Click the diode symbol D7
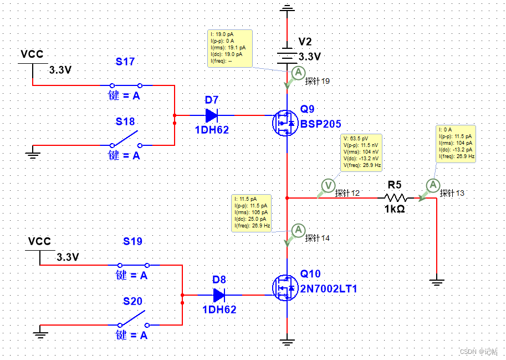pyautogui.click(x=212, y=115)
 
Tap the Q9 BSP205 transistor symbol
pyautogui.click(x=285, y=123)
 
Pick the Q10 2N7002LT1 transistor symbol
pyautogui.click(x=285, y=287)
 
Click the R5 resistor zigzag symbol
pyautogui.click(x=396, y=197)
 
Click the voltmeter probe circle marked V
pyautogui.click(x=328, y=185)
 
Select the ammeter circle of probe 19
pyautogui.click(x=298, y=73)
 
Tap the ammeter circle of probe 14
pyautogui.click(x=298, y=230)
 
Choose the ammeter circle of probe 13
pyautogui.click(x=433, y=185)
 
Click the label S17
pyautogui.click(x=125, y=62)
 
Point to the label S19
pyautogui.click(x=132, y=241)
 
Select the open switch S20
pyautogui.click(x=133, y=319)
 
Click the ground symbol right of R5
pyautogui.click(x=437, y=282)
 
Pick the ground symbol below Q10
pyautogui.click(x=287, y=342)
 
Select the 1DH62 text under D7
pyautogui.click(x=212, y=130)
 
